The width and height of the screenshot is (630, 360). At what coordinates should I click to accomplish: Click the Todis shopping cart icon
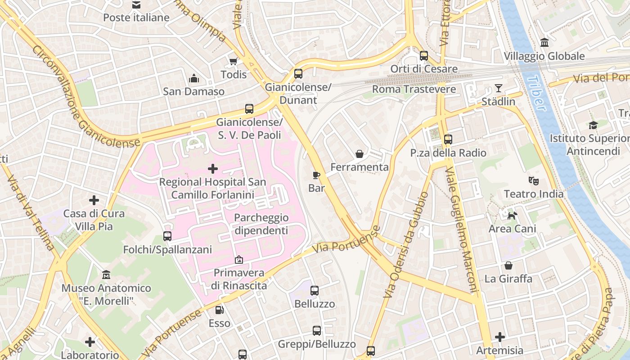[233, 62]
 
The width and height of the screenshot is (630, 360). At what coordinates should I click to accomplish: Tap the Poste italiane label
[136, 18]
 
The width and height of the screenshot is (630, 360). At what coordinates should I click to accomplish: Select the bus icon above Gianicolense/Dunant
[298, 74]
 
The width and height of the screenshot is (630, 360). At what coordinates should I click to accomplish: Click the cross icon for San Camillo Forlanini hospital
[212, 169]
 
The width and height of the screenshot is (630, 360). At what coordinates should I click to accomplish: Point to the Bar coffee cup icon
[316, 175]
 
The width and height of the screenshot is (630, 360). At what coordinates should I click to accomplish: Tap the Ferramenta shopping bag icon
[359, 154]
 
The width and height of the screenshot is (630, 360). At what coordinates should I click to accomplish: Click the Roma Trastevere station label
[414, 89]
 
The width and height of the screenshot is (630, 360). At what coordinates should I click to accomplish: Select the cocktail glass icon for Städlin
[498, 88]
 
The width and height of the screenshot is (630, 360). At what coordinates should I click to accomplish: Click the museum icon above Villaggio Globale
[544, 43]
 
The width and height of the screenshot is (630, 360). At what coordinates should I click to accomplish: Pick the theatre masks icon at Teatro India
[534, 181]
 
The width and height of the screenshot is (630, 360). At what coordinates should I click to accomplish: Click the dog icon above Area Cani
[512, 216]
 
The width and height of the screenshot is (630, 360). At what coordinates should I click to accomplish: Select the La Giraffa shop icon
[508, 265]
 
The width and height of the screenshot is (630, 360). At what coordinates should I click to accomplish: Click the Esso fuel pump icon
[219, 310]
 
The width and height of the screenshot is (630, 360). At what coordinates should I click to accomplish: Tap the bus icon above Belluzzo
[315, 291]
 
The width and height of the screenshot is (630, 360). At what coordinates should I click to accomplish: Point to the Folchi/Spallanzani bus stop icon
[167, 236]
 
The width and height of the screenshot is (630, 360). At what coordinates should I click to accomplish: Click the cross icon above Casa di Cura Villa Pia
[94, 200]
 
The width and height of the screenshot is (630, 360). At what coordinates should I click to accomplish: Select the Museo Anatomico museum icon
[106, 274]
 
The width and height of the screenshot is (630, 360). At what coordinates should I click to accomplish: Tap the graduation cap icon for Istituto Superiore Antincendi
[593, 125]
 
